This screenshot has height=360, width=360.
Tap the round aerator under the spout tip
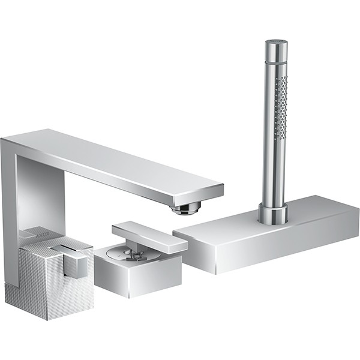185,208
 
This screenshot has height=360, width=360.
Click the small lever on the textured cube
71,259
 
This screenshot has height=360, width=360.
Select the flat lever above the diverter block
149,236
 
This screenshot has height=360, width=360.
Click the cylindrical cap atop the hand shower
277,50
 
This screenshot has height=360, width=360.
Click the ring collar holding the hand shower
273,213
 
